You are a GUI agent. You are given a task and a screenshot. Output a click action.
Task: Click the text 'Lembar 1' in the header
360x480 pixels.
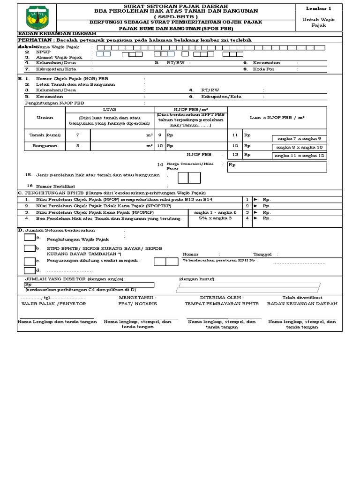pyautogui.click(x=318, y=8)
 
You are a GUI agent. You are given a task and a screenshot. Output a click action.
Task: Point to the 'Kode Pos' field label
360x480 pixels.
pyautogui.click(x=264, y=69)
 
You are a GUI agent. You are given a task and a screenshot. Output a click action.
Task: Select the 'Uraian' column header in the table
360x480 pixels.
pyautogui.click(x=45, y=117)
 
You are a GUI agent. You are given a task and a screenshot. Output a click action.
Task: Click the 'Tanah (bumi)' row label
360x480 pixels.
pyautogui.click(x=45, y=135)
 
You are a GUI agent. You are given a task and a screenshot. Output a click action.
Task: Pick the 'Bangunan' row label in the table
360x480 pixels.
pyautogui.click(x=45, y=146)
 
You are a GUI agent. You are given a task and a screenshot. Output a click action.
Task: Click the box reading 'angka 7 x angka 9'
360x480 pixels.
pyautogui.click(x=299, y=138)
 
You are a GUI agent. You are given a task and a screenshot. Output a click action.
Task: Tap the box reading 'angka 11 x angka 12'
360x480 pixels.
pyautogui.click(x=300, y=156)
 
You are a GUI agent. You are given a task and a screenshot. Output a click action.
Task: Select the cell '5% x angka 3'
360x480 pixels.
pyautogui.click(x=215, y=218)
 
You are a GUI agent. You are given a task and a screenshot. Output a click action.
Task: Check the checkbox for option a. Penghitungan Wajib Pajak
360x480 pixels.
pyautogui.click(x=29, y=238)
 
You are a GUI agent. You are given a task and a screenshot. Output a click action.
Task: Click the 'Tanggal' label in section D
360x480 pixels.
pyautogui.click(x=262, y=254)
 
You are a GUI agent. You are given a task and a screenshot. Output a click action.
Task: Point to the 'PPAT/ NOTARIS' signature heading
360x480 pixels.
pyautogui.click(x=137, y=304)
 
